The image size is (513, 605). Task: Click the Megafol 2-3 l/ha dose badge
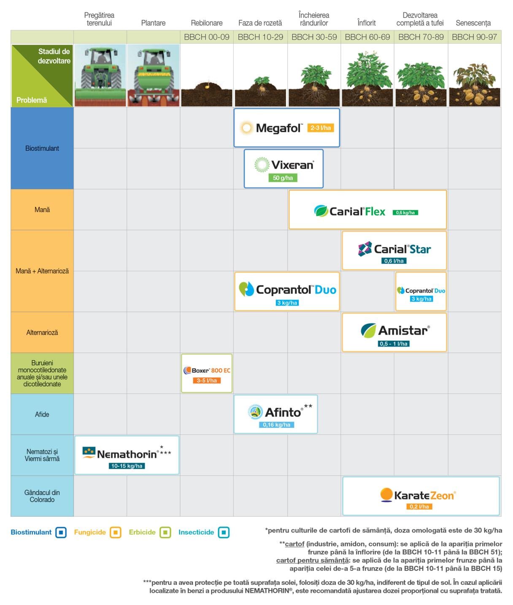point(320,128)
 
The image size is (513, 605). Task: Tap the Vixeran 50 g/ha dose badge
point(283,178)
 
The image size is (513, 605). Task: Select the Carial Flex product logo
point(349,211)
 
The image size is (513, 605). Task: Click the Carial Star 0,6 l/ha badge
point(394,261)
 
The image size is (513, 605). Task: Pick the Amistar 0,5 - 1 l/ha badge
point(393,344)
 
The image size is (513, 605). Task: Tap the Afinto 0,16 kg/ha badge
point(276,425)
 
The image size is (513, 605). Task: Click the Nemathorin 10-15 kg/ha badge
point(127,466)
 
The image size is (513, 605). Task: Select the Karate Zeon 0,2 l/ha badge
point(419,506)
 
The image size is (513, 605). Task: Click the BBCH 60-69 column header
point(367,37)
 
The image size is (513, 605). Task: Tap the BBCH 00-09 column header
point(206,37)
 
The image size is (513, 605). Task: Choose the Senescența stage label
point(473,23)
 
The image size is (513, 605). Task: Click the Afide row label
point(42,414)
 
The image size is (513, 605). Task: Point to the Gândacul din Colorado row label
point(42,496)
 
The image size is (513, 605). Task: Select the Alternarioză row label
point(42,332)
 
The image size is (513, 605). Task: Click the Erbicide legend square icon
point(165,532)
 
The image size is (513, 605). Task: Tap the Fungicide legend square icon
point(116,532)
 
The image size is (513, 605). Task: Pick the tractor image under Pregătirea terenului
point(100,75)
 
